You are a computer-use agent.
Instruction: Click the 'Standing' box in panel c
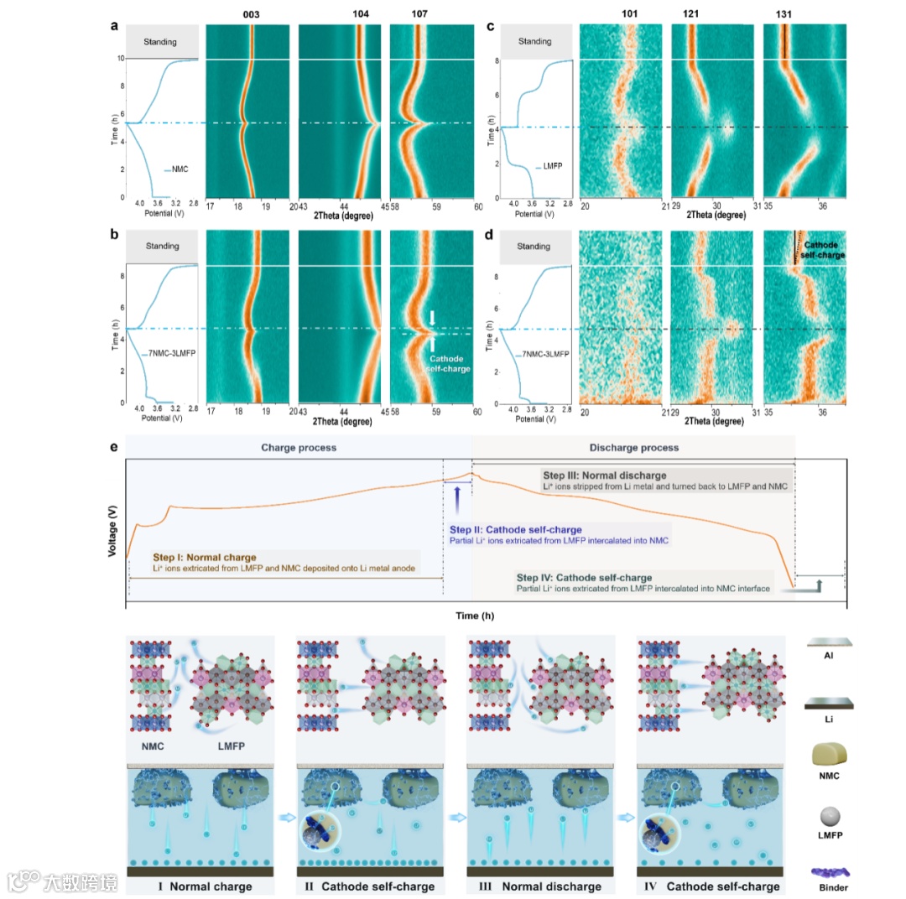tap(535, 41)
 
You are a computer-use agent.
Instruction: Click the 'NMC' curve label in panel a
tap(180, 170)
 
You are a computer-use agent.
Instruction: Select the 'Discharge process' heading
tap(633, 448)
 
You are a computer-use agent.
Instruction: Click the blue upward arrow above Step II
tap(456, 498)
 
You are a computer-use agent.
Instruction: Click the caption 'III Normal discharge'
tap(541, 886)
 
